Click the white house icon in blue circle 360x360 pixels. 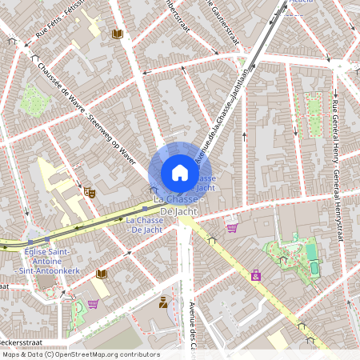(x=179, y=173)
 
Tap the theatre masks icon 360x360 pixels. (x=90, y=192)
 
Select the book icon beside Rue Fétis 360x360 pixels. (x=118, y=34)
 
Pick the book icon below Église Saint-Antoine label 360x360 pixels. (x=101, y=274)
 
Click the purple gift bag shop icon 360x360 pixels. (x=255, y=276)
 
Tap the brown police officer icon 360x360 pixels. (x=164, y=302)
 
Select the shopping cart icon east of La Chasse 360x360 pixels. (x=232, y=228)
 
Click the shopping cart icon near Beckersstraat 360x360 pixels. (x=93, y=304)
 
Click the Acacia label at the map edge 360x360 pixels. (x=302, y=3)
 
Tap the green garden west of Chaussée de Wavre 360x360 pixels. (x=34, y=99)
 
